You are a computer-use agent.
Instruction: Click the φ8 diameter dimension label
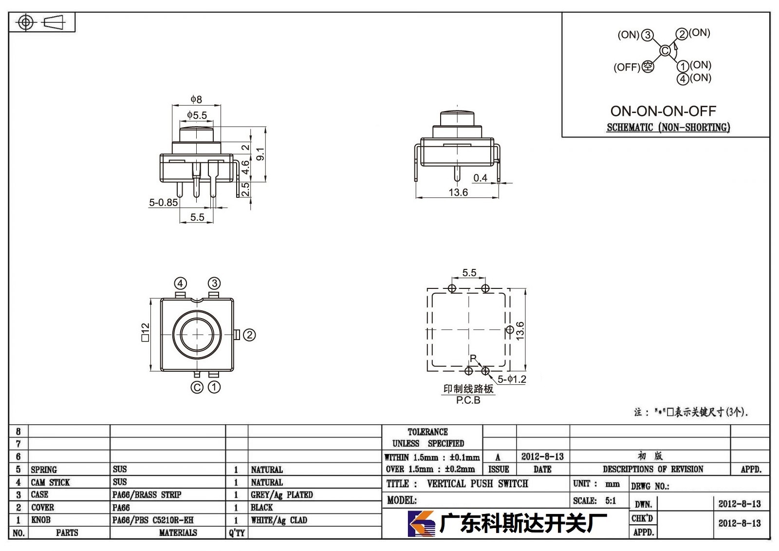tap(196, 99)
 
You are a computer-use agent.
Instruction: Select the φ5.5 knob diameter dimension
tap(197, 115)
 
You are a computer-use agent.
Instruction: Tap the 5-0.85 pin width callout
tap(163, 202)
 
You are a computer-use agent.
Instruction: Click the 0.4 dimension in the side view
tap(480, 178)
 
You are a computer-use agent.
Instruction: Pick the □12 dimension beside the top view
tap(146, 332)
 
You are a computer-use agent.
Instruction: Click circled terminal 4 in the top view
tap(180, 284)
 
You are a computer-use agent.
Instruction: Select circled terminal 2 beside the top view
tap(249, 335)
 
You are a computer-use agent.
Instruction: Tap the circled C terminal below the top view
tap(197, 387)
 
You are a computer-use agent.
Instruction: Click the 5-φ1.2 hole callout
tap(512, 379)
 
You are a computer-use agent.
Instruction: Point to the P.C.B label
tap(468, 400)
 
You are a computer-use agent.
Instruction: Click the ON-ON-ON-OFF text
tap(663, 111)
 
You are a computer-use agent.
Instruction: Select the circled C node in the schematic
tap(665, 51)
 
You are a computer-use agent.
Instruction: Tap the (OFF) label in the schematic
tap(627, 67)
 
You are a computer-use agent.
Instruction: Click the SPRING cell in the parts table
tap(44, 470)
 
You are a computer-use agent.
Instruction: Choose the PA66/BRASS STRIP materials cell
tap(147, 494)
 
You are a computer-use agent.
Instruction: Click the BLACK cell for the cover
tap(262, 507)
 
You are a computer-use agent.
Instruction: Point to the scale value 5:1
tap(611, 500)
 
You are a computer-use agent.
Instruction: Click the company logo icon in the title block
tap(421, 524)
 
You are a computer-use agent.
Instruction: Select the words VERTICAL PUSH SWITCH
tap(478, 483)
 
